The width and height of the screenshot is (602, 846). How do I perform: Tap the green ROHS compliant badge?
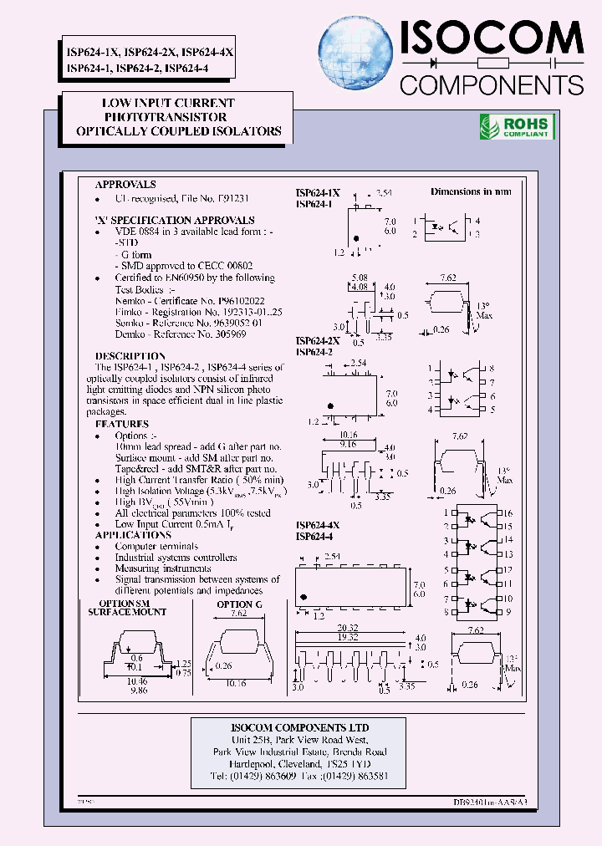click(x=516, y=127)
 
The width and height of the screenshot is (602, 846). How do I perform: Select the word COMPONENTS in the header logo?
click(x=492, y=84)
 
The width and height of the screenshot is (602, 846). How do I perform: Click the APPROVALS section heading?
click(x=125, y=185)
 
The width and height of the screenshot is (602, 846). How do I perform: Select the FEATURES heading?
click(x=122, y=424)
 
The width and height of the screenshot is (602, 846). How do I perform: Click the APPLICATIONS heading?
click(x=133, y=535)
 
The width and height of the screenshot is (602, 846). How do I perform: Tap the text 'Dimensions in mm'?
click(x=471, y=191)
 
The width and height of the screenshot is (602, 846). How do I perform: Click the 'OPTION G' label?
click(x=239, y=604)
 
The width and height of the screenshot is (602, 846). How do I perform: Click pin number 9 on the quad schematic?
click(x=508, y=612)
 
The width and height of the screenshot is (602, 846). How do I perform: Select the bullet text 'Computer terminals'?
click(x=156, y=547)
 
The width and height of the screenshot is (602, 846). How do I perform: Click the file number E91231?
click(x=233, y=200)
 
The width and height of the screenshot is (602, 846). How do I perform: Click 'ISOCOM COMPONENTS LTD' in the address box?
click(x=300, y=727)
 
